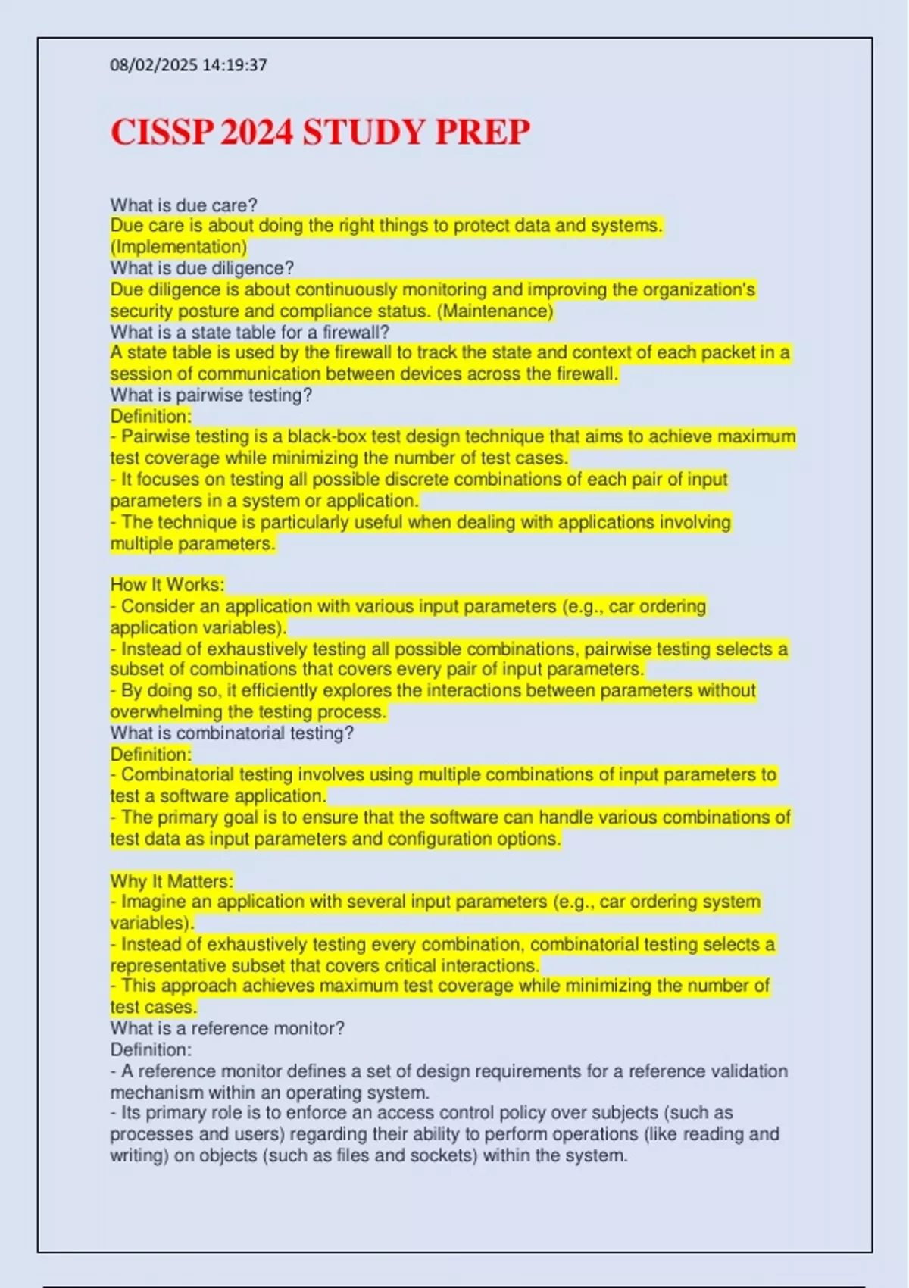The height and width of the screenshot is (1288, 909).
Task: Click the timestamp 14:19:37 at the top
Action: [235, 65]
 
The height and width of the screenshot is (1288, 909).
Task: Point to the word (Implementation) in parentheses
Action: [179, 247]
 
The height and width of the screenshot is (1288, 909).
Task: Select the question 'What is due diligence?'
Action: [202, 268]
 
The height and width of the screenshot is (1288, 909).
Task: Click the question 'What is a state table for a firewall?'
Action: [250, 332]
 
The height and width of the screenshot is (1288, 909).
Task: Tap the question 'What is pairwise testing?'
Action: [211, 395]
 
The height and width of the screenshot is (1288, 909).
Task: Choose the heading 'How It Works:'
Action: [167, 585]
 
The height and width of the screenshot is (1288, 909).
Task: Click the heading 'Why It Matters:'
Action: [172, 881]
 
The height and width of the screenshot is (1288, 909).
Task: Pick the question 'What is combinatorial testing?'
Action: [232, 733]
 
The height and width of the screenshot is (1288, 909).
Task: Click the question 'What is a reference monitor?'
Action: [227, 1028]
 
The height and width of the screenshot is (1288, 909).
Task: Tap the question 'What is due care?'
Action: [184, 205]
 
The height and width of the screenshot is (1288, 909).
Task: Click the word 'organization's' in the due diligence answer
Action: [699, 289]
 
